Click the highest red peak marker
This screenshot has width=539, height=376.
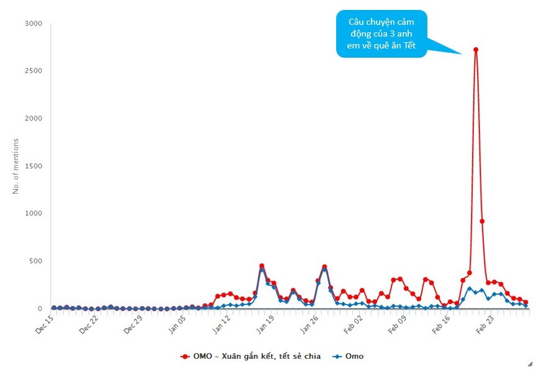[x=476, y=50]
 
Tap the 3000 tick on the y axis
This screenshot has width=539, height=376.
[x=33, y=24]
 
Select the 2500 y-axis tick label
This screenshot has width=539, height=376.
[x=33, y=71]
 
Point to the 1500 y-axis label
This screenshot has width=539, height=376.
[x=33, y=166]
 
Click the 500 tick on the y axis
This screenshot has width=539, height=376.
[x=36, y=261]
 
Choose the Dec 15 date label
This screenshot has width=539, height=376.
[x=45, y=325]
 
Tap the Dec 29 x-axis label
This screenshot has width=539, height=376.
[x=133, y=325]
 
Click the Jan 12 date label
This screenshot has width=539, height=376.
[x=221, y=325]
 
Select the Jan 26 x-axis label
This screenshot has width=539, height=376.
[x=310, y=325]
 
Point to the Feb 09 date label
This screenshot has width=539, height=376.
[x=398, y=325]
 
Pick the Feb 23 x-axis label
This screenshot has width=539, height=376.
[x=486, y=325]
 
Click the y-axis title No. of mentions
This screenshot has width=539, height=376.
[x=16, y=166]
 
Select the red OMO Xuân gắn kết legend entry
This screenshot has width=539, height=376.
[x=251, y=356]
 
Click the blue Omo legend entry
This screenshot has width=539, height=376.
[x=348, y=356]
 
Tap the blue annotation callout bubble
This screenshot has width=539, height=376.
[x=381, y=34]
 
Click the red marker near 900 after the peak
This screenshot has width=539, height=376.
[x=482, y=222]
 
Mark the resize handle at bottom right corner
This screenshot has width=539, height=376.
[x=530, y=364]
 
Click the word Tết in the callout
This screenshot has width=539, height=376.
[x=410, y=45]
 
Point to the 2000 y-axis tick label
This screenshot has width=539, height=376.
[x=33, y=119]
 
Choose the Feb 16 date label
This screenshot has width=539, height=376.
[x=442, y=325]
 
